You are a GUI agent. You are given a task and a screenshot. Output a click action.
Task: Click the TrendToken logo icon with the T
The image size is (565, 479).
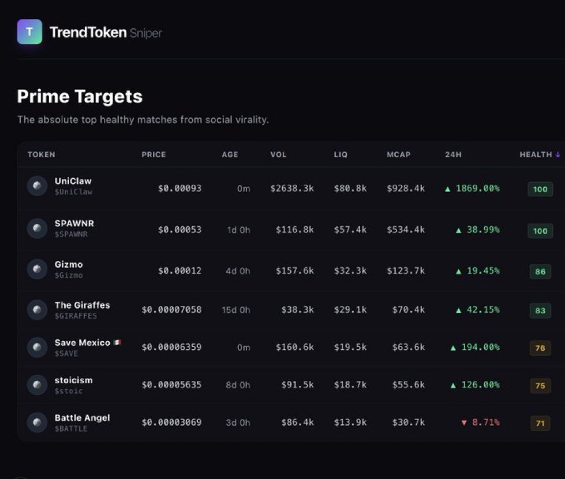click(29, 32)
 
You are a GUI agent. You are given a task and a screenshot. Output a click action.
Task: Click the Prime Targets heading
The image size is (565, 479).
click(80, 96)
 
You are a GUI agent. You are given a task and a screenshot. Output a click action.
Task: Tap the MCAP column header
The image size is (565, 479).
click(399, 155)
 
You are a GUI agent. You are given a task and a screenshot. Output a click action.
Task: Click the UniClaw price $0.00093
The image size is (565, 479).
click(179, 188)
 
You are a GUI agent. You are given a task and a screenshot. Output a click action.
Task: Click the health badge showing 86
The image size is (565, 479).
click(540, 271)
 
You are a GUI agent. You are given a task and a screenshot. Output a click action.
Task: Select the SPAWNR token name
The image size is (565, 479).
click(74, 223)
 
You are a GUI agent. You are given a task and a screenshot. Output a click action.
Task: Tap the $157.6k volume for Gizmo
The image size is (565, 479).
click(294, 271)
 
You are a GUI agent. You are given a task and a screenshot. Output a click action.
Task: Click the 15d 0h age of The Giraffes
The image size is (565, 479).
click(236, 310)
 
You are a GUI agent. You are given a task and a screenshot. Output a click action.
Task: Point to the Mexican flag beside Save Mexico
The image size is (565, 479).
click(117, 342)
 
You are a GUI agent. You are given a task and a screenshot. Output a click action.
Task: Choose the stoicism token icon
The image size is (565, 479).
click(37, 385)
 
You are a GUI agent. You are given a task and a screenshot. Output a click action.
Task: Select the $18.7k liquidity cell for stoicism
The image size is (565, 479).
click(350, 385)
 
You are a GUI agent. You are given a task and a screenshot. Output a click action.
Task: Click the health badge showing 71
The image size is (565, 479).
click(540, 424)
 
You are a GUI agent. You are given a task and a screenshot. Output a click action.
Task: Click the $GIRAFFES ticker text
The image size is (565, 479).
click(76, 316)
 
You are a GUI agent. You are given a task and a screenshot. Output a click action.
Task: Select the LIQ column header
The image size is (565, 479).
click(341, 155)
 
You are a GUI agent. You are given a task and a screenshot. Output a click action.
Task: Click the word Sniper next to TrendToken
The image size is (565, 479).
click(145, 33)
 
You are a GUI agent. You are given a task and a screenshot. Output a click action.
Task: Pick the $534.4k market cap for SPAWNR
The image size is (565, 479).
click(406, 230)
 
